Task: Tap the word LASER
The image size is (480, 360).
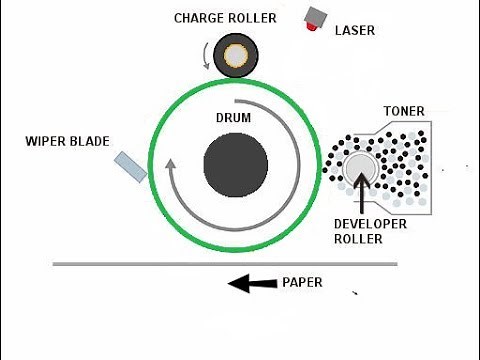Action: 355,31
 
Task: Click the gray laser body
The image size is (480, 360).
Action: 320,15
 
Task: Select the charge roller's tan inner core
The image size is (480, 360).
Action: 236,56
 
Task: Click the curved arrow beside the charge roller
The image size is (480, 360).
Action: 208,54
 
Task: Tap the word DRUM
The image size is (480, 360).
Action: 234,117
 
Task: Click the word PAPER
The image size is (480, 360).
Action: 301,283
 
